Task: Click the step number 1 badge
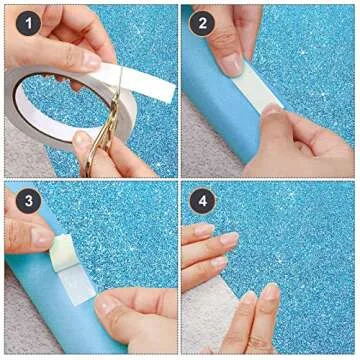[x=29, y=23]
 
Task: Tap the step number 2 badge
[x=202, y=23]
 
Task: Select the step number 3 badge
[x=29, y=201]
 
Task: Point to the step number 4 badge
[x=202, y=201]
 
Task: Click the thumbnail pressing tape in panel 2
[x=232, y=64]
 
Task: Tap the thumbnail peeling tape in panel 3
[x=42, y=237]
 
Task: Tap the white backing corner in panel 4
[x=208, y=313]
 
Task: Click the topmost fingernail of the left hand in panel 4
[x=204, y=229]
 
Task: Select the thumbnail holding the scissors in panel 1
[x=82, y=139]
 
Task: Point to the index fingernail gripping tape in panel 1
[x=91, y=61]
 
